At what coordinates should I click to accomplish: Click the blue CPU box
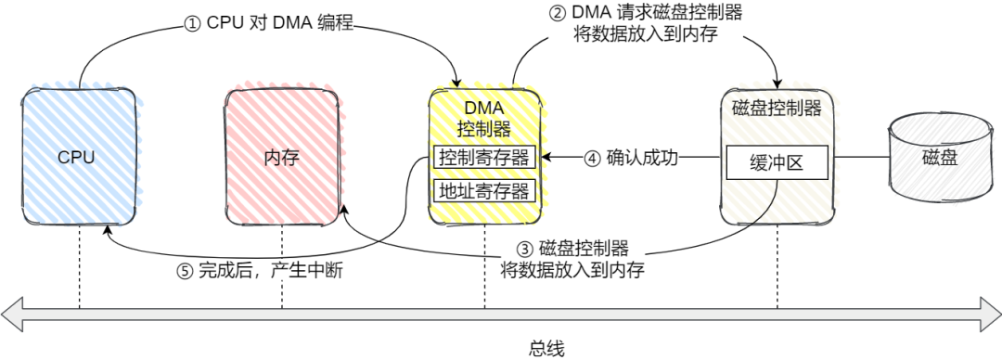[80, 157]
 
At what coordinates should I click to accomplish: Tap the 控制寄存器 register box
[484, 158]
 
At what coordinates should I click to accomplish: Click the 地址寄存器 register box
[484, 191]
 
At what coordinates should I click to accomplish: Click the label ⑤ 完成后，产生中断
[263, 272]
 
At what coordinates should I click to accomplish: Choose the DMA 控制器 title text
[483, 117]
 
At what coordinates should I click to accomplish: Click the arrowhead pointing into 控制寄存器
[546, 158]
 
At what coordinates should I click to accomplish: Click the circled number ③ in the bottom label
[524, 249]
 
